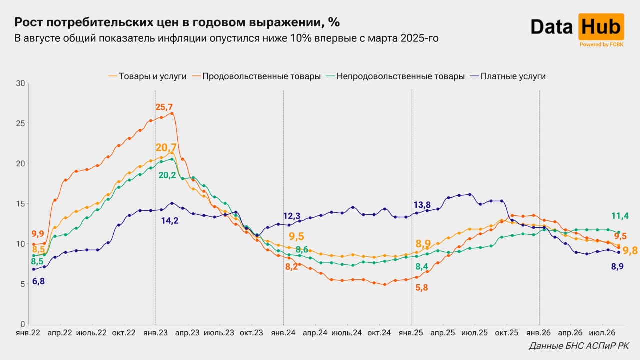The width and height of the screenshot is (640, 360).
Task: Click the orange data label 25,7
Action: pos(164,107)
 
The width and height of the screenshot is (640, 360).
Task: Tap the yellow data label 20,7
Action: pos(166,147)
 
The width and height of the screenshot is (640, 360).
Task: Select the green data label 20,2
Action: pos(167,175)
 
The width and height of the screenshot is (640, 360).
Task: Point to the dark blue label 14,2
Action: pos(170,221)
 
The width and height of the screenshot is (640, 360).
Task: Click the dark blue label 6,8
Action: pos(38,281)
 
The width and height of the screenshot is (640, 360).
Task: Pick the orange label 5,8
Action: pos(421,287)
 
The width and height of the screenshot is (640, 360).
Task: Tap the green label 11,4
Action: pos(620,216)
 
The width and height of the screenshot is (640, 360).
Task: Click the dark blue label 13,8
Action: pos(422,205)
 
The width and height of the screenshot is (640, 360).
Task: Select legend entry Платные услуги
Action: pos(508,76)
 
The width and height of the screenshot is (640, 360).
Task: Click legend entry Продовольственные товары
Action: pos(256,76)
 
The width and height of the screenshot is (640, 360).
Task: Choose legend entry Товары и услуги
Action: pos(147,76)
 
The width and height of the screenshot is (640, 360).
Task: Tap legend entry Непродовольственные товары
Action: pos(395,76)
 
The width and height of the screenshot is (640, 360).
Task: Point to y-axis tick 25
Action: pos(20,123)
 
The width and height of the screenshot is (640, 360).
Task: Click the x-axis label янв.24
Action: pos(283,333)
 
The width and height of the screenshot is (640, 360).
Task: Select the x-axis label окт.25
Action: pos(507,333)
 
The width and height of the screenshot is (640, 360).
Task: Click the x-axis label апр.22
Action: pos(60,333)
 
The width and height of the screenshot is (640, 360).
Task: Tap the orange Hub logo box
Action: pos(601,27)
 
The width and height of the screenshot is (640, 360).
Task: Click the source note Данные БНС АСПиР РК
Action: pos(579,346)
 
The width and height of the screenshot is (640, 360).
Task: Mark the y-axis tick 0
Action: pos(23,324)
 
